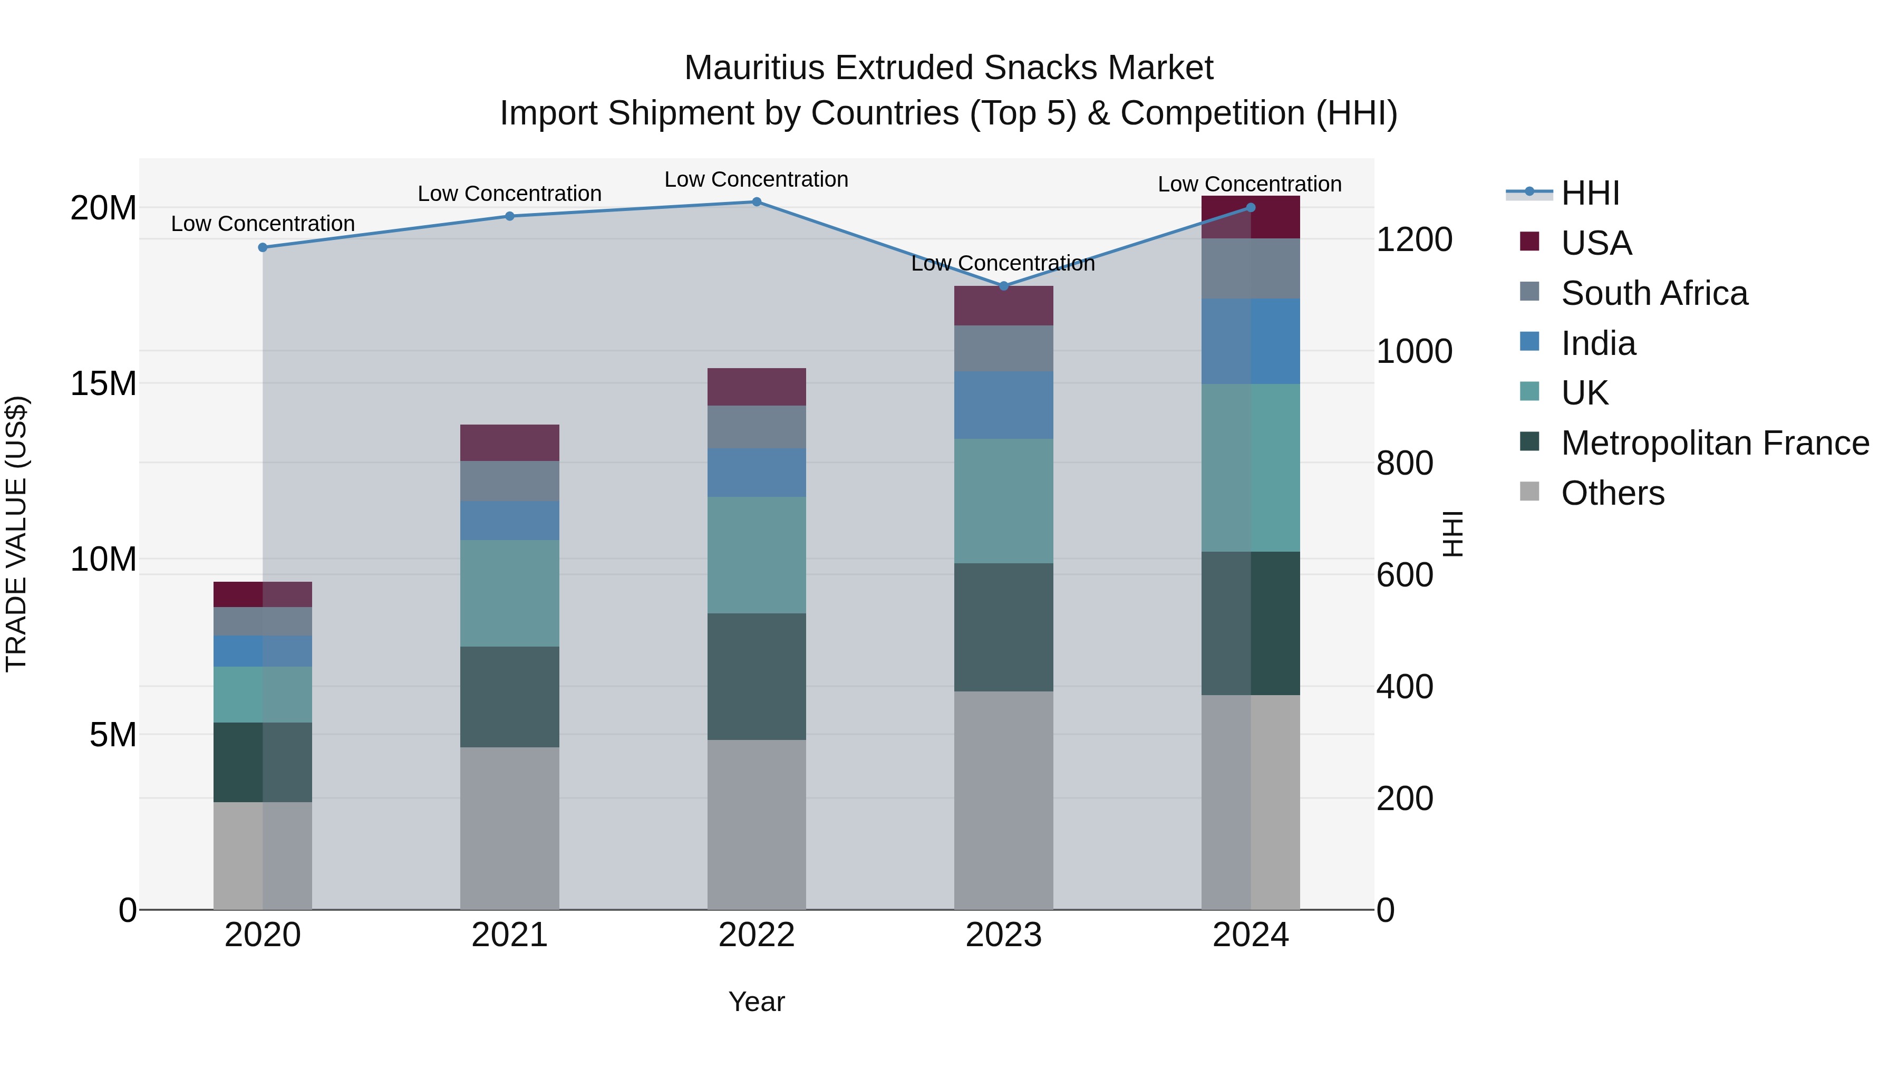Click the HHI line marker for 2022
pos(757,201)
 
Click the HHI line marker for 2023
pos(1003,285)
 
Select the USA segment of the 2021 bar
pos(510,442)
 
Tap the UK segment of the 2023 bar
pos(1003,501)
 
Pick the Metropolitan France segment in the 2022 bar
pos(757,676)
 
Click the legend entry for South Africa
pos(1653,293)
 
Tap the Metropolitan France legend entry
pos(1714,443)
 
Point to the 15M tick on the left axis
pos(103,383)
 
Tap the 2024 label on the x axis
pos(1251,935)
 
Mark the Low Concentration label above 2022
pos(757,179)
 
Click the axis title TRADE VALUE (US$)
pos(16,534)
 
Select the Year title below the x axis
pos(757,1002)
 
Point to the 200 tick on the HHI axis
pos(1405,798)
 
